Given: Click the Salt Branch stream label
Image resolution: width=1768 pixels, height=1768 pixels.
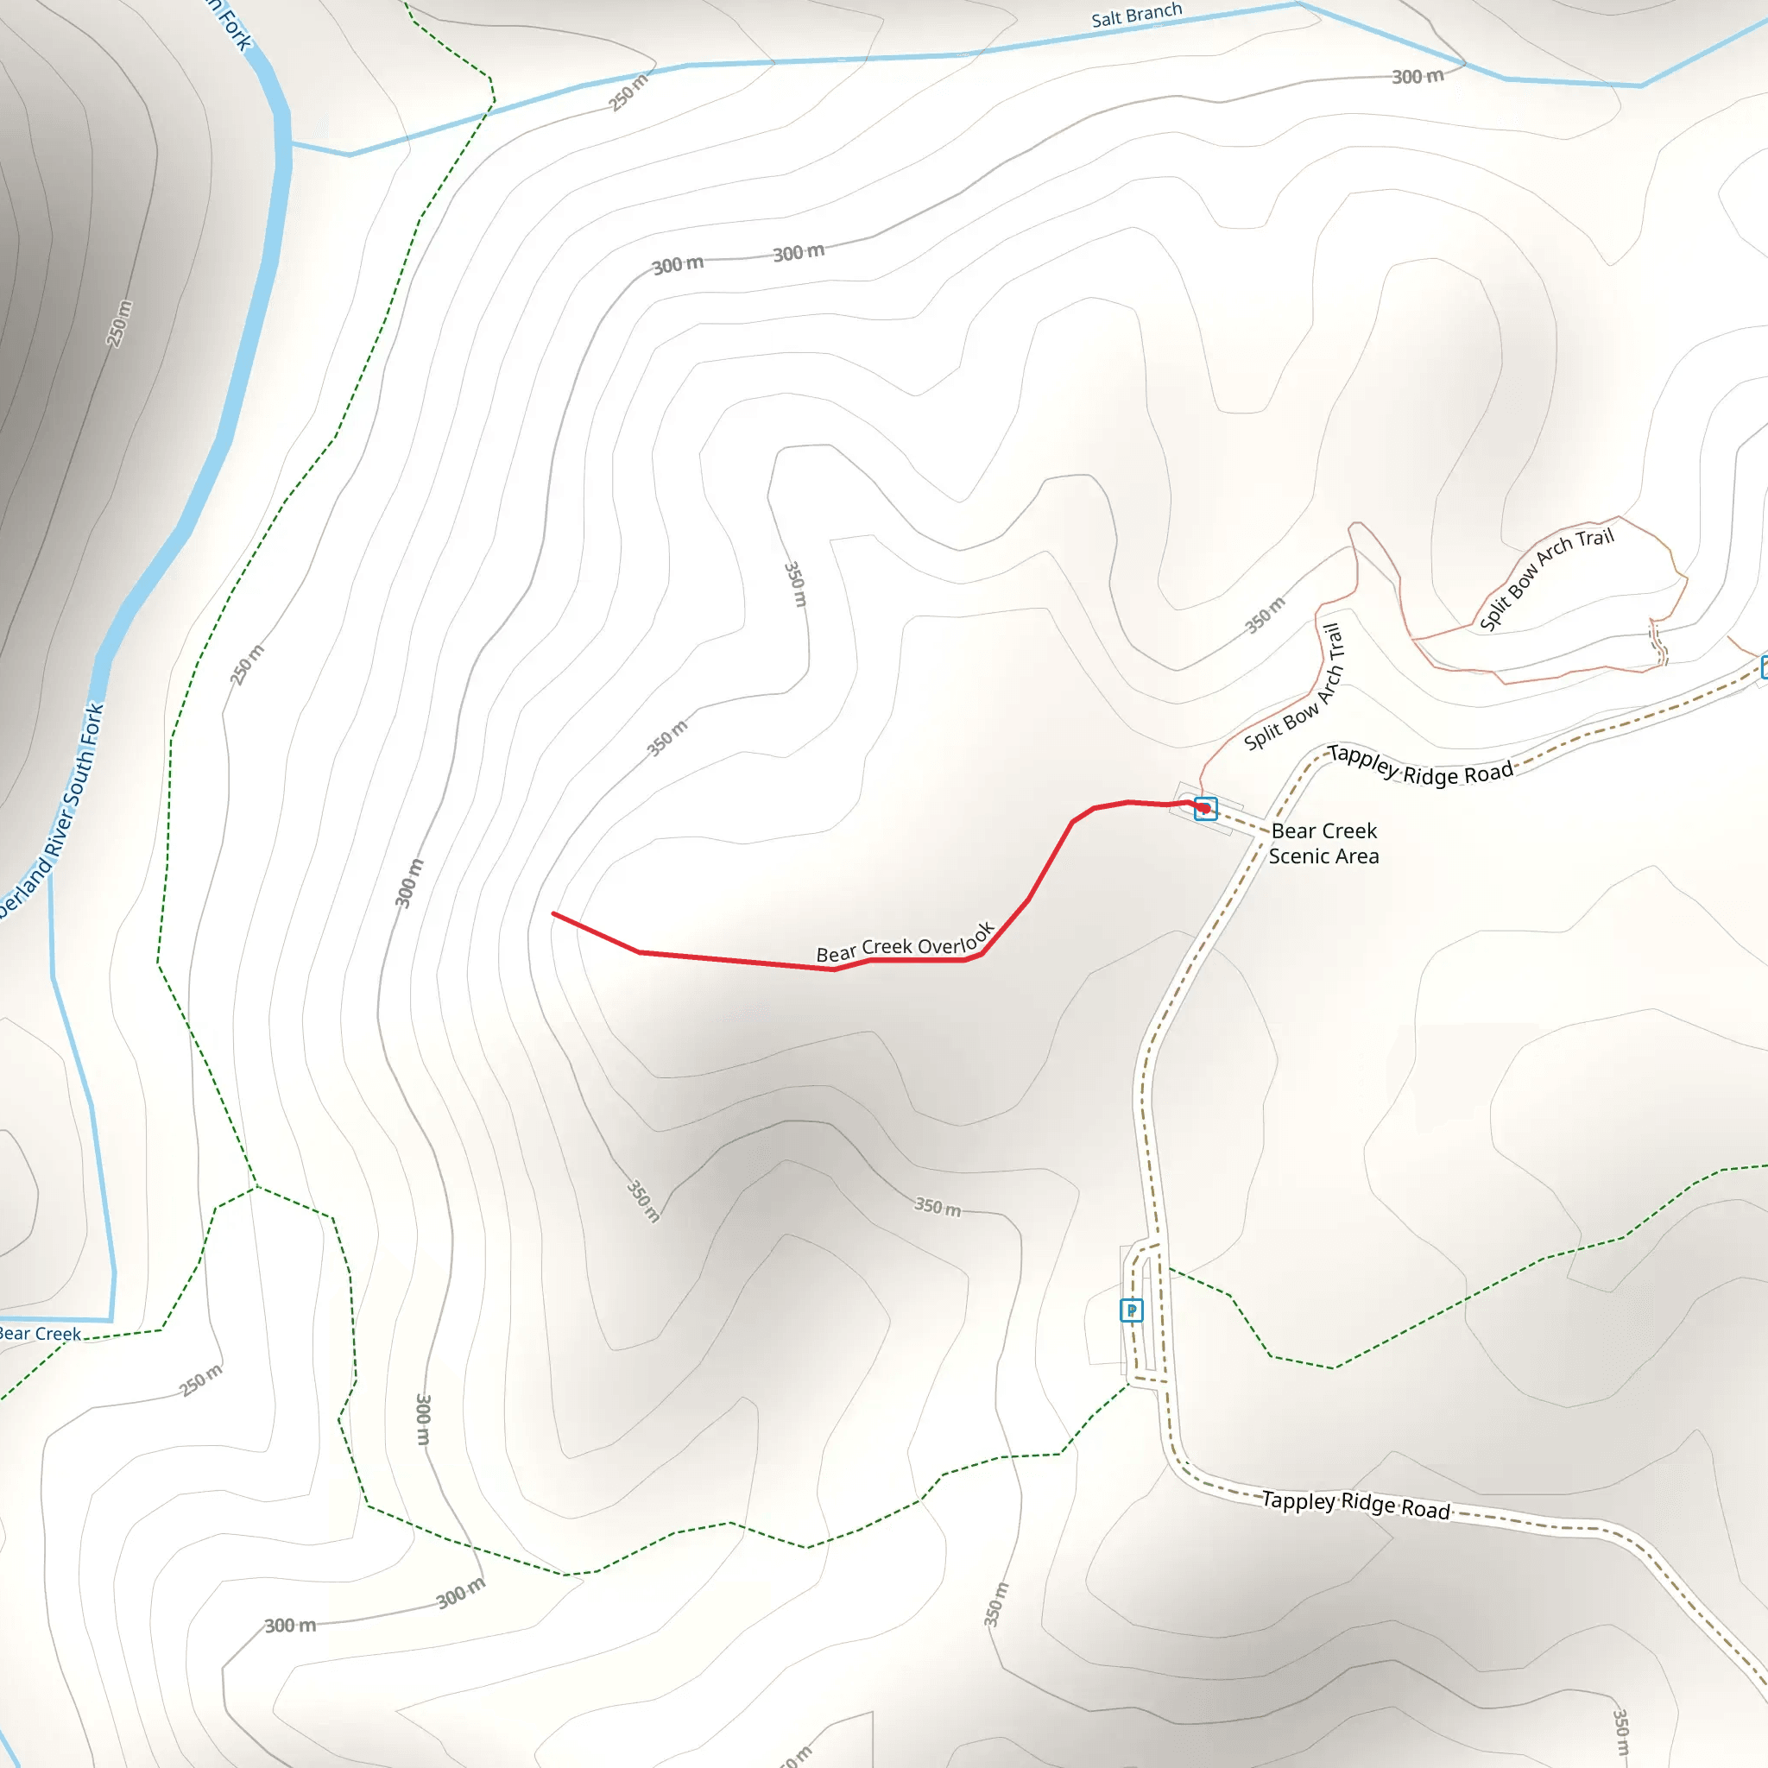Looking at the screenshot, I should (1136, 16).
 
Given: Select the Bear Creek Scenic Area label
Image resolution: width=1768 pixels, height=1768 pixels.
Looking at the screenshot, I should (1323, 843).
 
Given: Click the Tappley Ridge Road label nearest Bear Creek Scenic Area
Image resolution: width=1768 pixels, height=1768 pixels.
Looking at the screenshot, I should (1419, 765).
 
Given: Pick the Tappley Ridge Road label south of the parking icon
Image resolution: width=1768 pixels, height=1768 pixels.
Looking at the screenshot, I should (1355, 1504).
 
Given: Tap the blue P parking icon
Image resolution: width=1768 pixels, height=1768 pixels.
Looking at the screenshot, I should (1131, 1310).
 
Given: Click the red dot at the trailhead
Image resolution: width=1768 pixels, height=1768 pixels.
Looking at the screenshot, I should (1204, 808).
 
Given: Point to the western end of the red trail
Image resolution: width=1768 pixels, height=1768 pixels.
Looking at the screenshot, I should (553, 913).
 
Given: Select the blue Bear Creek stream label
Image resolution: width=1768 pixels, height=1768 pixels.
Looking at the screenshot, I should (39, 1333).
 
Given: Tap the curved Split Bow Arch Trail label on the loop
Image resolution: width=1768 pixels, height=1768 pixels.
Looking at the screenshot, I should (1545, 578).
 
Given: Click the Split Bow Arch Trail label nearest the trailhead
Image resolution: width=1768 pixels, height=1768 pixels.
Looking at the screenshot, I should (1294, 687).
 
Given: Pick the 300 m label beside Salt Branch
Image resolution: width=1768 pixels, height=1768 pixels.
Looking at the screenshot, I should (1418, 77).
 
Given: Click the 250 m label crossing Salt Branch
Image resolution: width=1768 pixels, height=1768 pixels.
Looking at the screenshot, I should (628, 92).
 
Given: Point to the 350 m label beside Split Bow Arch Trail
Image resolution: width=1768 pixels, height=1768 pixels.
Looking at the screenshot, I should (1265, 615).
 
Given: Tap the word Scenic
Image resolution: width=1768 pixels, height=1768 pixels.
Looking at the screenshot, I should (1299, 856).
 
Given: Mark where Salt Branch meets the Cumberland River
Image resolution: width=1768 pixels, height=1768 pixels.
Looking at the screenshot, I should (290, 143).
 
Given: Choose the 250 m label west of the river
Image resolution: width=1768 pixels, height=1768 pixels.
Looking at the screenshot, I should (119, 323).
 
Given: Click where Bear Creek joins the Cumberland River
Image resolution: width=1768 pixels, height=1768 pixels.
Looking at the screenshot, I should (111, 1320).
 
